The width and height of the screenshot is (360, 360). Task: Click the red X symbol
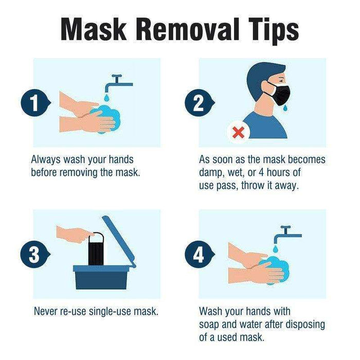coord(238,133)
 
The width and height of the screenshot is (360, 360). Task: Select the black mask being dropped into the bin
coord(97,250)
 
